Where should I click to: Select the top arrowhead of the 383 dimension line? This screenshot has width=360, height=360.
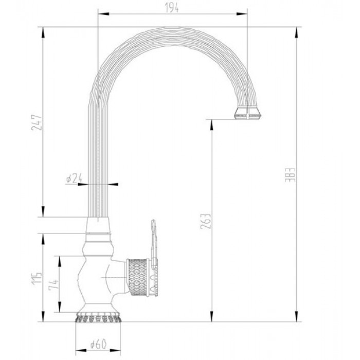[297, 30]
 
